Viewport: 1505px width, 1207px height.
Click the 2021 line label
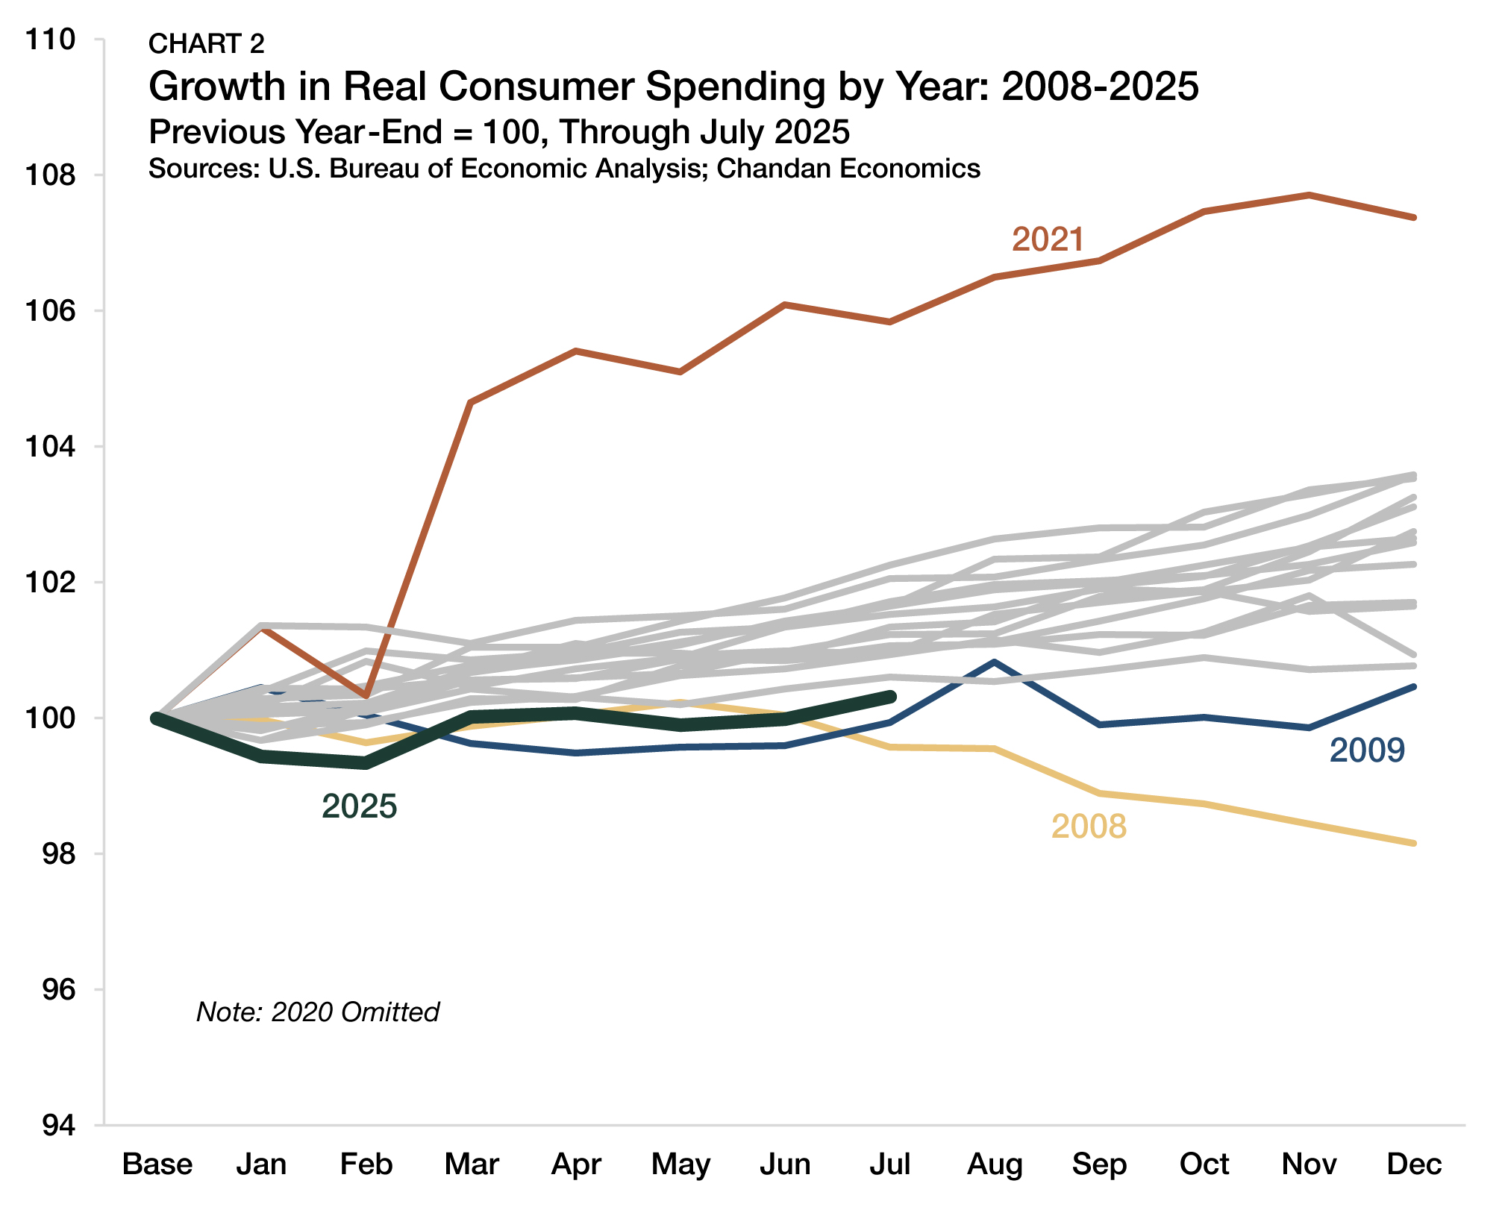[x=1047, y=239]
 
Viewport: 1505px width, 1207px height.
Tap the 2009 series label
[x=1367, y=750]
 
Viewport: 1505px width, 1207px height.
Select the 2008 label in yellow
[x=1089, y=827]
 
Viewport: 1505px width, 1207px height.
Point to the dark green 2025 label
[x=359, y=806]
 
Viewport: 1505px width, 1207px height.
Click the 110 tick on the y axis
[x=51, y=40]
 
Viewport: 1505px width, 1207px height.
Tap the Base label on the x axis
[x=157, y=1164]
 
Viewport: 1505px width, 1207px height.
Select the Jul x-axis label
[x=890, y=1164]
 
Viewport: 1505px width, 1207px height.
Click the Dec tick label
[x=1414, y=1164]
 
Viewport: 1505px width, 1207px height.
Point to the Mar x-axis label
[x=472, y=1164]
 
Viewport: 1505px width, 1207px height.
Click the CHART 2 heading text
[x=207, y=44]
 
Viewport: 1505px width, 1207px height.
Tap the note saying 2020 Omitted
[x=318, y=1012]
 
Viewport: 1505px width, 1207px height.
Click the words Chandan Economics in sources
[x=848, y=169]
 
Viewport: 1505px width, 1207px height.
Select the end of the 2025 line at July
[x=890, y=697]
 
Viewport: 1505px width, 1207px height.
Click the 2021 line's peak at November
[x=1309, y=195]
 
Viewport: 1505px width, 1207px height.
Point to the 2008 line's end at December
[x=1413, y=843]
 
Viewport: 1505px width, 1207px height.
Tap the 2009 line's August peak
[x=995, y=662]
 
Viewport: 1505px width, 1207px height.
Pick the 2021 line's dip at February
[x=366, y=696]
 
